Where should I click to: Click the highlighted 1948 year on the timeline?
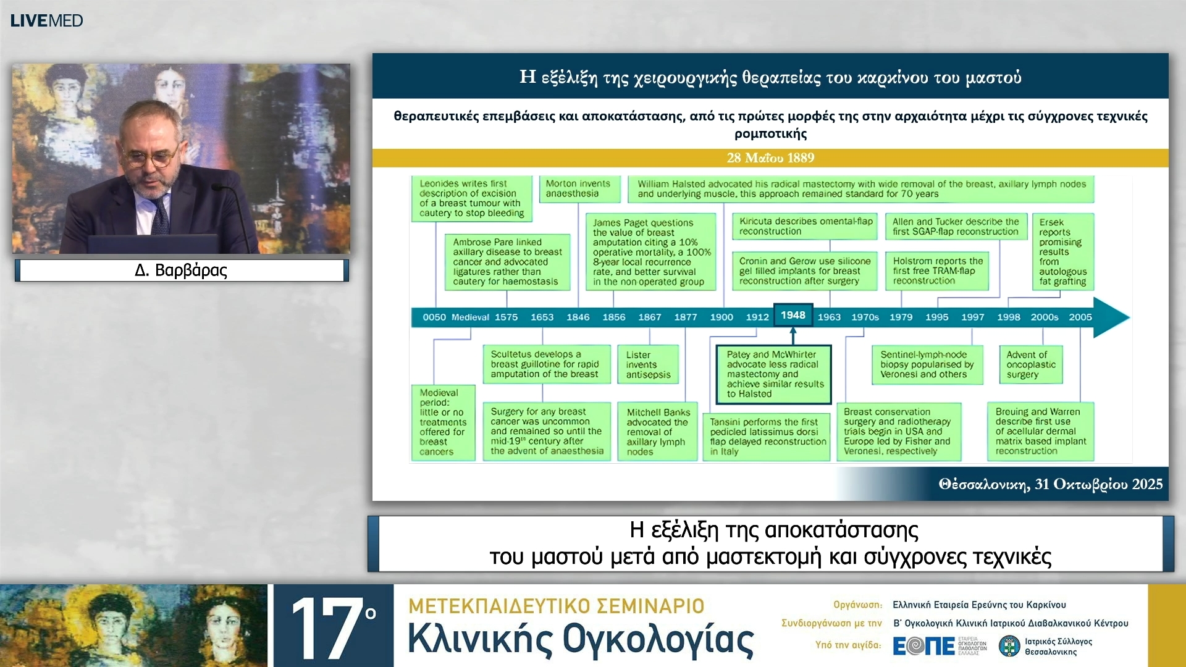793,316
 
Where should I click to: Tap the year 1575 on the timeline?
506,317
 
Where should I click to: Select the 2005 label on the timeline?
1080,317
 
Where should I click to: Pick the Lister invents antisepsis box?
648,364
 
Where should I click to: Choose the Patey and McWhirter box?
773,374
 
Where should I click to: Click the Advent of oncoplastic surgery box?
1030,364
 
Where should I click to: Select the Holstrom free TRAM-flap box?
936,271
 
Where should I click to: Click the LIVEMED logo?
47,21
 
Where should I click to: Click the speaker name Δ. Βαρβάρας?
181,271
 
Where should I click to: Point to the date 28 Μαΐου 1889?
770,158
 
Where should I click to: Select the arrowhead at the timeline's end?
1111,317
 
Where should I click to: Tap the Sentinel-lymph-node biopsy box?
927,364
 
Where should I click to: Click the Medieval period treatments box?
442,422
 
